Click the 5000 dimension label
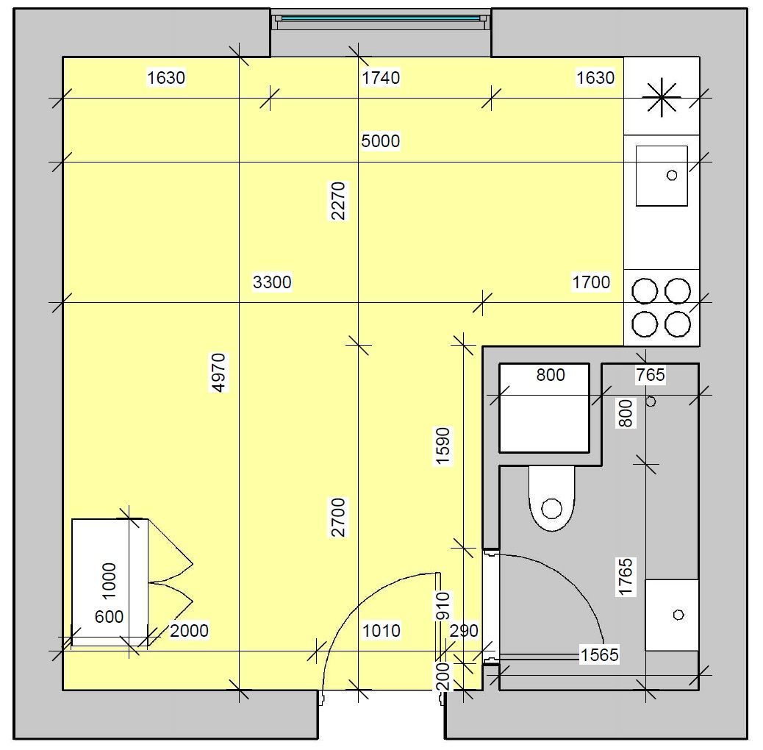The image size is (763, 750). pyautogui.click(x=381, y=141)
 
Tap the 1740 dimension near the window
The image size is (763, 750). pyautogui.click(x=381, y=78)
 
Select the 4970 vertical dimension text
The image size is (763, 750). pyautogui.click(x=219, y=372)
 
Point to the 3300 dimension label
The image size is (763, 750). pyautogui.click(x=272, y=282)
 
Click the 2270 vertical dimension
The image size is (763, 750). pyautogui.click(x=338, y=201)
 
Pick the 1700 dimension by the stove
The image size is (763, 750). pyautogui.click(x=591, y=282)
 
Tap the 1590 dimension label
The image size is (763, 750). pyautogui.click(x=443, y=446)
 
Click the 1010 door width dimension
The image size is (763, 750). pyautogui.click(x=381, y=631)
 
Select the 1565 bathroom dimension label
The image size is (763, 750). pyautogui.click(x=600, y=655)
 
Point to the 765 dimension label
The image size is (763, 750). pyautogui.click(x=651, y=375)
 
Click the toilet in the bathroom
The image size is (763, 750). pyautogui.click(x=552, y=499)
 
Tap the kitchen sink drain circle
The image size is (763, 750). pyautogui.click(x=672, y=175)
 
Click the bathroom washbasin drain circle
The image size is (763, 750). pyautogui.click(x=678, y=615)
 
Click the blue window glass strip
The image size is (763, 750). pyautogui.click(x=381, y=18)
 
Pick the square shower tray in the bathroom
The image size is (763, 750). pyautogui.click(x=544, y=408)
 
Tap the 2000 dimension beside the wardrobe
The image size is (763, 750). pyautogui.click(x=189, y=631)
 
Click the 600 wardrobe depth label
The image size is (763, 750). pyautogui.click(x=109, y=617)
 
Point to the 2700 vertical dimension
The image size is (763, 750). pyautogui.click(x=338, y=518)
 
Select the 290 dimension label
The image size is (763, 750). pyautogui.click(x=464, y=631)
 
